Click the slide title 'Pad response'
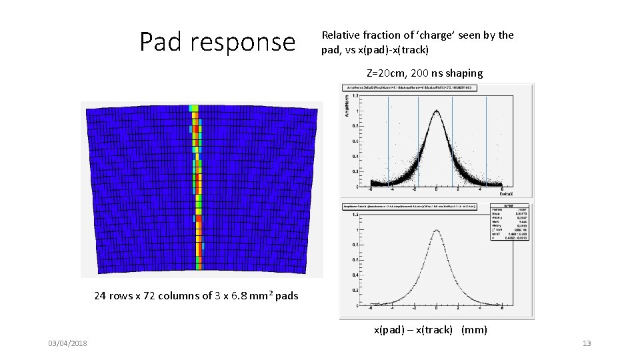(217, 42)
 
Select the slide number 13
(587, 343)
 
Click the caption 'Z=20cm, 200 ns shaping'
(425, 73)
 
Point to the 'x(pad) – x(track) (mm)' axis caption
(430, 329)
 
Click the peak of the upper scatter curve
(437, 111)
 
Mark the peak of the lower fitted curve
(437, 231)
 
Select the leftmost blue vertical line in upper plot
(389, 140)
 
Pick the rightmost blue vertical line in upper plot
(486, 140)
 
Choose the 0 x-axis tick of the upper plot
(437, 188)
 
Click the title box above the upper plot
(409, 87)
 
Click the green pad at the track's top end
(194, 108)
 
